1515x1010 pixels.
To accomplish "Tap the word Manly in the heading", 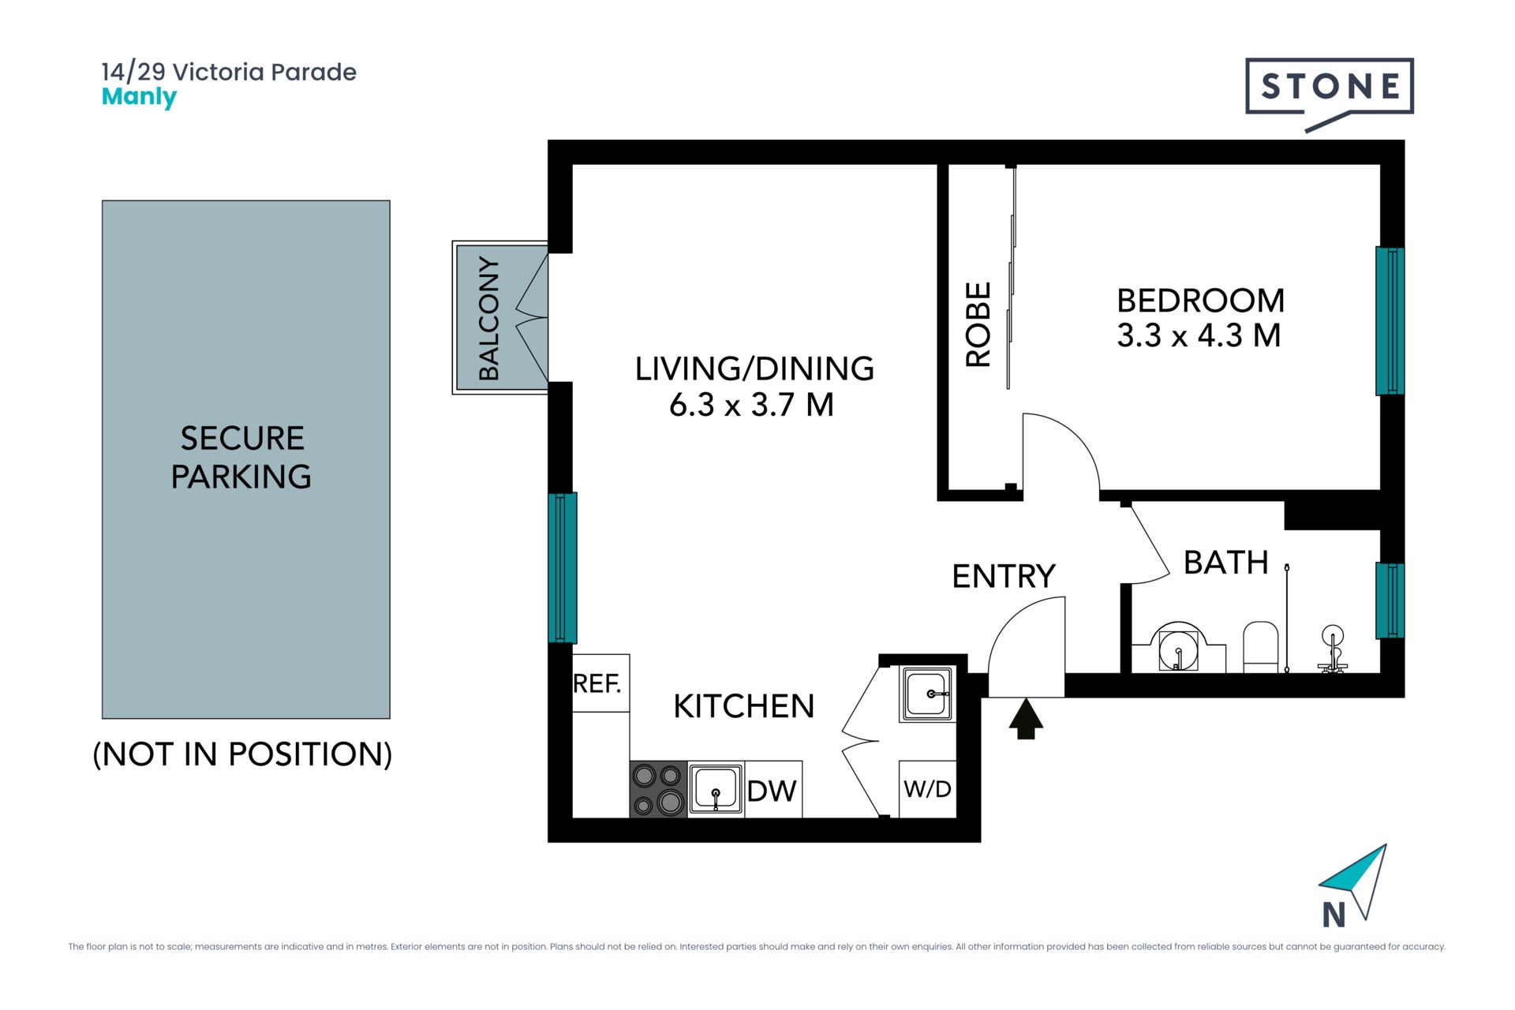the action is click(x=140, y=97).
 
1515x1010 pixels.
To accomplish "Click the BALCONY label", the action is click(x=489, y=318).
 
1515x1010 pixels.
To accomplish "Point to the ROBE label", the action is click(x=978, y=324).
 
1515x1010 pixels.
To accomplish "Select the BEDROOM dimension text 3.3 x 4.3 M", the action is click(x=1199, y=335).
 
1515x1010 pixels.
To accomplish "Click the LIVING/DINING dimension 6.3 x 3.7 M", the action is click(x=751, y=405).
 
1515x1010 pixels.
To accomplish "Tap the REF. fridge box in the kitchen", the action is click(x=600, y=683).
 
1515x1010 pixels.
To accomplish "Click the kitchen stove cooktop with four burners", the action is click(x=659, y=789).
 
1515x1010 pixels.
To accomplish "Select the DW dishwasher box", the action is click(x=773, y=789).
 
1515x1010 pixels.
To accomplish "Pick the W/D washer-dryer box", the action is click(x=928, y=789).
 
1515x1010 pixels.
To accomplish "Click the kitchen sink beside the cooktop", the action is click(x=716, y=789).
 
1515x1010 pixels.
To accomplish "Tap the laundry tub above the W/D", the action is click(x=928, y=694).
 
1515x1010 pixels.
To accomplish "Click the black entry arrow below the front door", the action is click(x=1026, y=719).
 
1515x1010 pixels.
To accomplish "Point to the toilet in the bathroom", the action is click(x=1260, y=647).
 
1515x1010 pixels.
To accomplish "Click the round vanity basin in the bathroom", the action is click(x=1178, y=648).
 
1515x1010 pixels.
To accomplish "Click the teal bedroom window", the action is click(x=1390, y=321).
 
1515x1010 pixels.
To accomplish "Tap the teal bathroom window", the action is click(x=1390, y=600).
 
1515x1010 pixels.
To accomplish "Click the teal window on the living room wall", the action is click(x=563, y=568).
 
